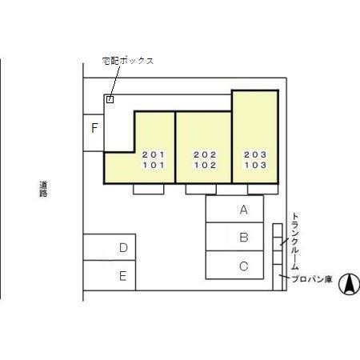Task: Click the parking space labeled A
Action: tap(234, 209)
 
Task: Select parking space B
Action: tap(234, 237)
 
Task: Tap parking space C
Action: tap(234, 265)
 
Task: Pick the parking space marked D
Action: tap(110, 247)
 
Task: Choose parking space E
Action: tap(110, 275)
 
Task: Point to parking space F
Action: tap(94, 133)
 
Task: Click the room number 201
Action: tap(154, 154)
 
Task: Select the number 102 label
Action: tap(205, 165)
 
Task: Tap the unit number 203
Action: tap(255, 154)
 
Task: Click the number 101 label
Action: tap(154, 165)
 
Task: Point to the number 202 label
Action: tap(205, 154)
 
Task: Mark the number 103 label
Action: tap(255, 165)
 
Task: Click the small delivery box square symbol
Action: tap(110, 99)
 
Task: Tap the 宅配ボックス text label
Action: tap(128, 61)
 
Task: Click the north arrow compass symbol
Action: tap(350, 284)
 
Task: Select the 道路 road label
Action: tap(43, 189)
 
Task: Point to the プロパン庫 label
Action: tap(312, 279)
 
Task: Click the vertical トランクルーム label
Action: tap(294, 242)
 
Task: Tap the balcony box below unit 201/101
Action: tap(149, 189)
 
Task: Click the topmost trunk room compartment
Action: tap(278, 230)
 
